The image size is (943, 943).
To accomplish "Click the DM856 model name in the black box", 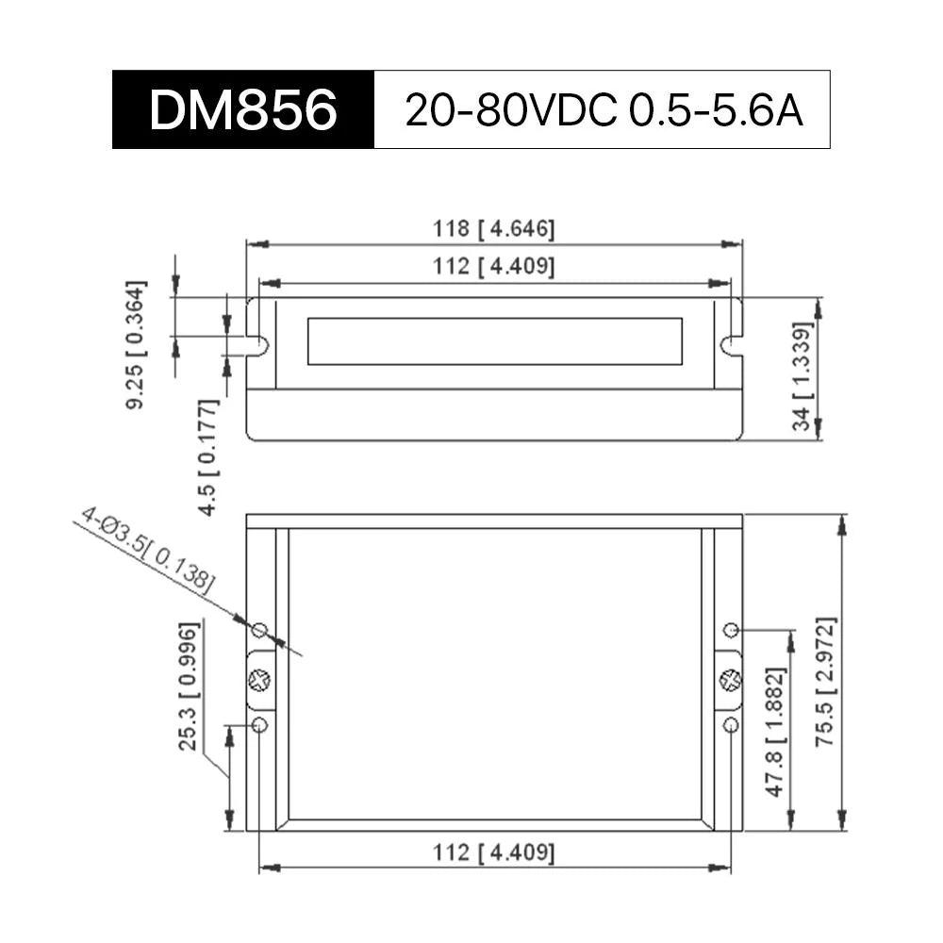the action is point(243,110).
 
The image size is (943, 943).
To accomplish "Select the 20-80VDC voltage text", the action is point(511,110).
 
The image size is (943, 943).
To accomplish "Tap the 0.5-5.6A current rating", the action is point(716,110).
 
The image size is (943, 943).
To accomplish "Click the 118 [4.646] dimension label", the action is point(494,229).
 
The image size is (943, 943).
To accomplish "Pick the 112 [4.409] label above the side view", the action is point(494,267).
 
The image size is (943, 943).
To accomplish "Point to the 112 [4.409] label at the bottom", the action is point(494,852).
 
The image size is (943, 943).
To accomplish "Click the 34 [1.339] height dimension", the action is point(802,377).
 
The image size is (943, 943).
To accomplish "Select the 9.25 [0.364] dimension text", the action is point(136,344).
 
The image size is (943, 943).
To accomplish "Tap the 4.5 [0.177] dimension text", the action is point(208,457).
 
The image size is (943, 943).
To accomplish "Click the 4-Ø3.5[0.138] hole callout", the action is point(147,550).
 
